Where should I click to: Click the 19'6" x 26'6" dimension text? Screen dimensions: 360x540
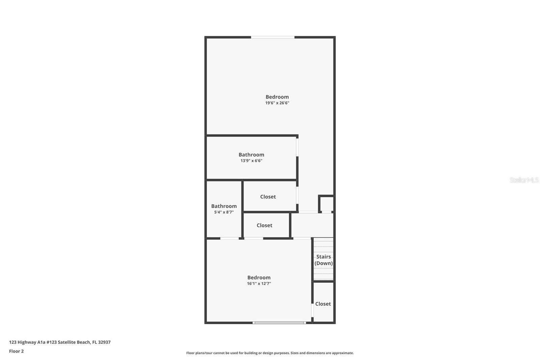pyautogui.click(x=277, y=103)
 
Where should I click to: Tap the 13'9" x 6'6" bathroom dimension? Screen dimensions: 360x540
pyautogui.click(x=251, y=161)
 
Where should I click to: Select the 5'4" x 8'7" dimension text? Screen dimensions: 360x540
pyautogui.click(x=224, y=212)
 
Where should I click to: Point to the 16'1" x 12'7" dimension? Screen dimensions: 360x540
pyautogui.click(x=259, y=284)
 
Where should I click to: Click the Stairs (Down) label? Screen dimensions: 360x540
pyautogui.click(x=323, y=260)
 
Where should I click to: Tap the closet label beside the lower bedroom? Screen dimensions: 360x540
pyautogui.click(x=323, y=304)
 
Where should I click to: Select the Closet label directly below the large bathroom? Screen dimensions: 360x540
pyautogui.click(x=268, y=197)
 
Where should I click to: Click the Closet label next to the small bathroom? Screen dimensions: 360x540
pyautogui.click(x=264, y=225)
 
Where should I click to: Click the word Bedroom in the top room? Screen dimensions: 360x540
pyautogui.click(x=277, y=97)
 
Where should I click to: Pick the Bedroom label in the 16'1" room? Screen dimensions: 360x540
pyautogui.click(x=259, y=278)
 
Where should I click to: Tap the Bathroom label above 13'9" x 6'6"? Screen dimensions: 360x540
pyautogui.click(x=251, y=155)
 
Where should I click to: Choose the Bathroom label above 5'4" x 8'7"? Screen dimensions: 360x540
pyautogui.click(x=224, y=206)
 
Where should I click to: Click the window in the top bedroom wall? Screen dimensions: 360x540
pyautogui.click(x=273, y=37)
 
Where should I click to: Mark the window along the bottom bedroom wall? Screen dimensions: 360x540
pyautogui.click(x=279, y=323)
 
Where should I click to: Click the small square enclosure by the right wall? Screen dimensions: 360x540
pyautogui.click(x=326, y=204)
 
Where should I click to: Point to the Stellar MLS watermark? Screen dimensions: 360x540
pyautogui.click(x=524, y=180)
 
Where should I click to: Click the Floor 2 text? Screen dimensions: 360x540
pyautogui.click(x=16, y=351)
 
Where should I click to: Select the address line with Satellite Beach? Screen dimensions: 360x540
pyautogui.click(x=60, y=342)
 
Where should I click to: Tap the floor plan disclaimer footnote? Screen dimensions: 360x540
pyautogui.click(x=270, y=353)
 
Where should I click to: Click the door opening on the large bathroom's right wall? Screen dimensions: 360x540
pyautogui.click(x=297, y=147)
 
